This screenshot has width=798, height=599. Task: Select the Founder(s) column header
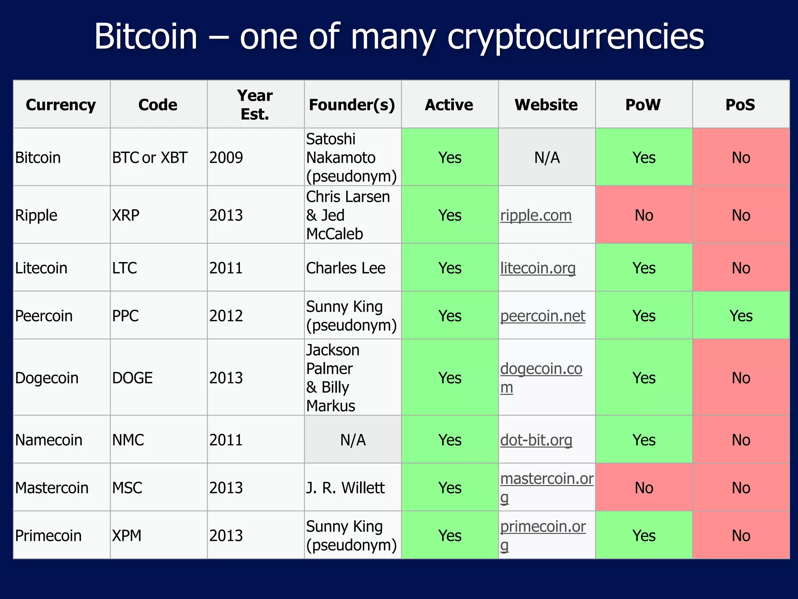click(x=352, y=105)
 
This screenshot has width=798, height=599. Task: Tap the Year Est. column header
click(x=255, y=105)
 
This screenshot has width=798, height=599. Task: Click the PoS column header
click(x=740, y=105)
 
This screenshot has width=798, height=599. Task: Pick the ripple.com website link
click(x=536, y=215)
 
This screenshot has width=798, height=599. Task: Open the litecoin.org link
click(x=538, y=268)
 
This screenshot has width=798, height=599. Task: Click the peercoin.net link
click(x=543, y=316)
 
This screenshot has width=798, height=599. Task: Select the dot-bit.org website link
click(x=536, y=440)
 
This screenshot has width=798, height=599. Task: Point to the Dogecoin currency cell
click(x=47, y=378)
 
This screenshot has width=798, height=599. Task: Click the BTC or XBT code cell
click(x=150, y=158)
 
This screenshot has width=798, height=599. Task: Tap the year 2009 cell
click(x=226, y=158)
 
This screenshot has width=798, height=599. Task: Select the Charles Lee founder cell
click(x=346, y=268)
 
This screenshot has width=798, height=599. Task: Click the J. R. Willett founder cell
click(x=345, y=487)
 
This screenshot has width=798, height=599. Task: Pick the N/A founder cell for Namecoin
click(x=353, y=440)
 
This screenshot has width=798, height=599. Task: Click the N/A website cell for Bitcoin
click(x=547, y=158)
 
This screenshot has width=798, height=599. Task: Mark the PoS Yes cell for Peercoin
click(x=741, y=316)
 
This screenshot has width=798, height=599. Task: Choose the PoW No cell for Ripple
click(x=644, y=215)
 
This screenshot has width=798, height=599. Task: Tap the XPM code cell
click(x=127, y=535)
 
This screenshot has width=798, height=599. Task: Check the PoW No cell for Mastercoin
click(x=644, y=487)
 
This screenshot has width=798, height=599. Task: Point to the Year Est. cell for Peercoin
click(x=226, y=316)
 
